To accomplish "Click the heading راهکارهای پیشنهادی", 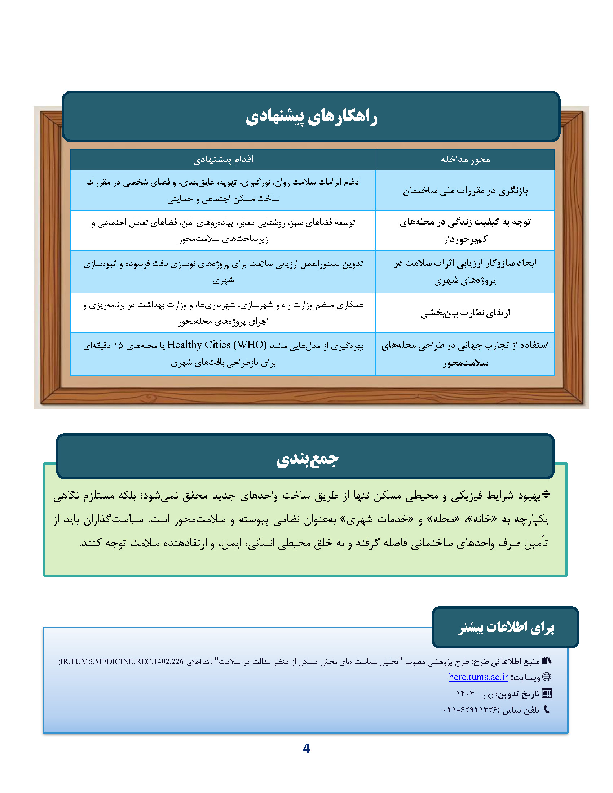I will point(311,117).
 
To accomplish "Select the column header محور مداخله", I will point(465,159).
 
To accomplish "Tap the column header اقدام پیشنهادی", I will point(222,159).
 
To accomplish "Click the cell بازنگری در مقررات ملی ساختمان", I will point(465,191).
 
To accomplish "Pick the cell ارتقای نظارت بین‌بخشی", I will point(465,313).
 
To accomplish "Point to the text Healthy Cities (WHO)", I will point(217,345).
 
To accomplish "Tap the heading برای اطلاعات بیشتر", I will point(506,628).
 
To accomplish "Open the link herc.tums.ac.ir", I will point(478,677).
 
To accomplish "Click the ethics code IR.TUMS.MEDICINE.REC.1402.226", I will point(122,661).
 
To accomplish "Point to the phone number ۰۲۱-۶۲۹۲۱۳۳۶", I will point(470,709).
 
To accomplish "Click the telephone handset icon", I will point(547,709).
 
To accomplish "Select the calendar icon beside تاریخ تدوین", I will point(547,693).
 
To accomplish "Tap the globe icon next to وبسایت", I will point(547,677).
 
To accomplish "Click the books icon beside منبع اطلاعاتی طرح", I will point(547,660).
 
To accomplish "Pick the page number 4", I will point(306,748).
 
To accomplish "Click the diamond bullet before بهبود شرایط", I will point(546,495).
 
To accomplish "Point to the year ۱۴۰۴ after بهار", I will point(467,694).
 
